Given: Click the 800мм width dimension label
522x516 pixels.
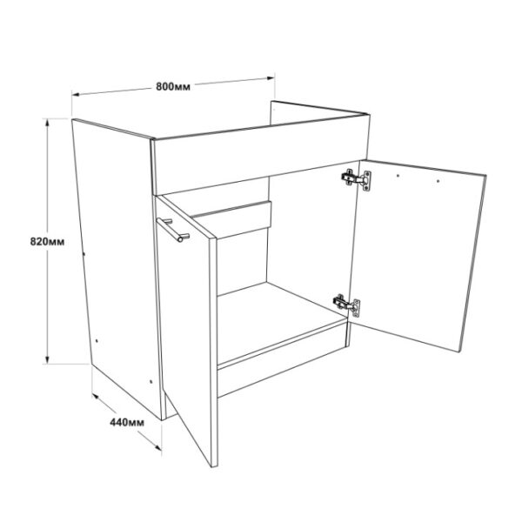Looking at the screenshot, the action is click(x=173, y=87).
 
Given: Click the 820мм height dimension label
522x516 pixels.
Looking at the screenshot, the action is click(x=47, y=241).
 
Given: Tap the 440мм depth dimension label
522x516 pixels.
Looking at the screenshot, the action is click(x=127, y=422).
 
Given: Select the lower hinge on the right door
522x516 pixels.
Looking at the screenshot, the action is click(x=347, y=304).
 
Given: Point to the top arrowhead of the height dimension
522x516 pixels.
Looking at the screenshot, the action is click(x=47, y=123).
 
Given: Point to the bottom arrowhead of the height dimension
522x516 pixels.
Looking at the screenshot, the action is click(x=47, y=360).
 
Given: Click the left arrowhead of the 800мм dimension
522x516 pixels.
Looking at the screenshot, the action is click(x=76, y=95).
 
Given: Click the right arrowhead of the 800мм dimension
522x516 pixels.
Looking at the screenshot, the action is click(x=271, y=78).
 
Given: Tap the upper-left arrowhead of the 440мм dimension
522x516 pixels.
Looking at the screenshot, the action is click(x=96, y=396).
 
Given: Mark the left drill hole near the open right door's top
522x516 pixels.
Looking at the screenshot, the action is click(x=398, y=175).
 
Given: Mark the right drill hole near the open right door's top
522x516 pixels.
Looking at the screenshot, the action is click(x=438, y=181).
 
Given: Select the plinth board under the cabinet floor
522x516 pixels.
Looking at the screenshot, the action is click(x=282, y=359).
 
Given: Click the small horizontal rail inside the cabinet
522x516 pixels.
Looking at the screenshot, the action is click(x=232, y=220).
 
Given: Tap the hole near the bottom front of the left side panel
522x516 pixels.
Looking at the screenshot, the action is click(x=151, y=381).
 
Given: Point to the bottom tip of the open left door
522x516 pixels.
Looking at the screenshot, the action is click(x=213, y=466).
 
